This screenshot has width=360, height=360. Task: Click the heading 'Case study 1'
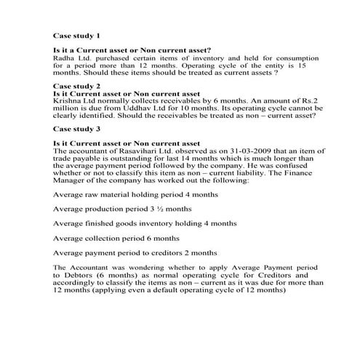[x=77, y=35]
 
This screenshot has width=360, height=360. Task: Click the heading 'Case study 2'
[x=77, y=86]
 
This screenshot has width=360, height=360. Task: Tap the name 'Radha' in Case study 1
[x=65, y=57]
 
